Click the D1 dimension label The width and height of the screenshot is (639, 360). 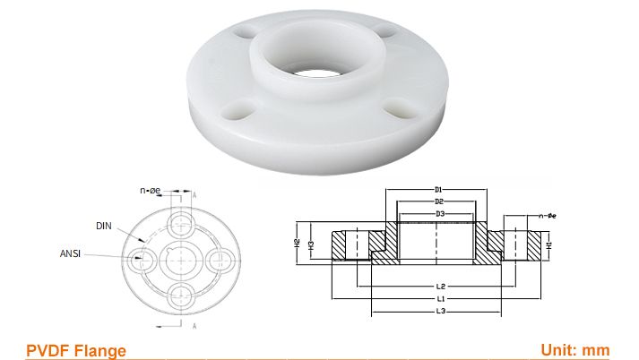pos(439,190)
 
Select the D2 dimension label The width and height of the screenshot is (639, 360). pos(439,202)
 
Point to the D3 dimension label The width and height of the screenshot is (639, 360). pos(439,215)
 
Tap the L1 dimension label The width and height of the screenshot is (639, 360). pos(441,298)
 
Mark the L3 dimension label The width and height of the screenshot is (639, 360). pos(441,311)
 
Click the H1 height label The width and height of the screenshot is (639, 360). pos(549,244)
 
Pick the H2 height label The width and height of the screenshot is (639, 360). pos(297,243)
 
